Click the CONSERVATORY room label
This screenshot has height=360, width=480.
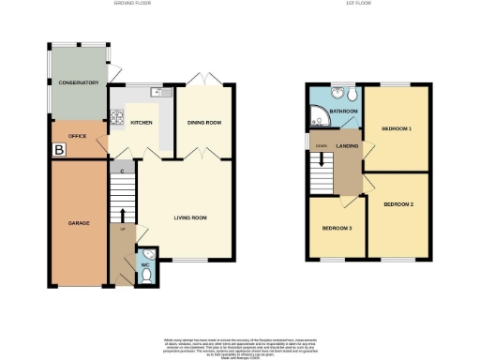tap(79, 83)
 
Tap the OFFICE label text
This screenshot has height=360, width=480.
tap(78, 136)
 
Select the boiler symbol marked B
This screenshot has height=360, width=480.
tap(59, 148)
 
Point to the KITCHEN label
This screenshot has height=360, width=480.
tap(142, 123)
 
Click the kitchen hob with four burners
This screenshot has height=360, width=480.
tap(118, 119)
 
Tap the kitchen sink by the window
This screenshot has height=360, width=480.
tap(155, 93)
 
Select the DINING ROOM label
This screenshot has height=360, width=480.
tap(204, 123)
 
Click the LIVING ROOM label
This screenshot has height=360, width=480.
tap(190, 217)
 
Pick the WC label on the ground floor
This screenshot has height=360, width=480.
tap(145, 265)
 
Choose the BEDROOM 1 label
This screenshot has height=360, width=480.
tap(397, 127)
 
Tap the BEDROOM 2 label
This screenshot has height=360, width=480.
tap(398, 203)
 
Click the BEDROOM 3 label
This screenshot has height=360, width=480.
tap(337, 228)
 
